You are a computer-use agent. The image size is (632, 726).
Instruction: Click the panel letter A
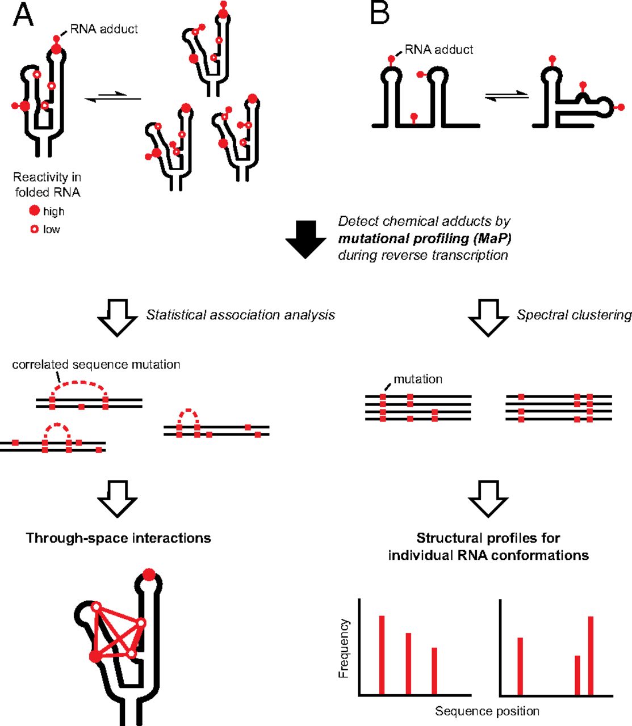tap(23, 15)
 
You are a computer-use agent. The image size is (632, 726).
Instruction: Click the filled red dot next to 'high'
tap(35, 211)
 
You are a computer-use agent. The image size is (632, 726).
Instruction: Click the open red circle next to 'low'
tap(35, 229)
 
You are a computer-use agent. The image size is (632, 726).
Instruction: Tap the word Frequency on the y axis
tap(344, 648)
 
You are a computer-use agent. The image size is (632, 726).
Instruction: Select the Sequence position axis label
tap(487, 711)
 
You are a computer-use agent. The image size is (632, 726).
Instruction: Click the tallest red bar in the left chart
tap(382, 655)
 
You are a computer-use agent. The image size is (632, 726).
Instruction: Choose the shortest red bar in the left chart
tap(434, 671)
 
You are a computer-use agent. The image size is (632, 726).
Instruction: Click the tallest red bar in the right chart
tap(591, 655)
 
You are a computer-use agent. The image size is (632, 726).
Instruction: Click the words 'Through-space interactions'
tap(118, 538)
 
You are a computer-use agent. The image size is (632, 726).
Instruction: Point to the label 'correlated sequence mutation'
tap(96, 364)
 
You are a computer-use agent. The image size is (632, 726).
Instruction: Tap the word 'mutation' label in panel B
tap(418, 379)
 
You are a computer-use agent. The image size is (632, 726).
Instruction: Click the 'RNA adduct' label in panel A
tap(104, 29)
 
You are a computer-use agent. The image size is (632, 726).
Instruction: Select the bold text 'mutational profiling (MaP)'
tap(425, 238)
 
